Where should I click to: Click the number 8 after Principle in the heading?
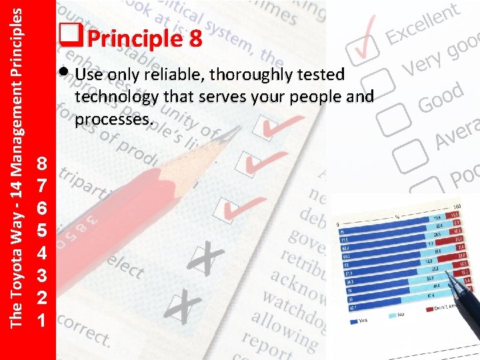click(x=194, y=39)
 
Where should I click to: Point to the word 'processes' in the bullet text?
click(x=113, y=120)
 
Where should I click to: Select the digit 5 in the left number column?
click(x=41, y=231)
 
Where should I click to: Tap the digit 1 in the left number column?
click(x=41, y=321)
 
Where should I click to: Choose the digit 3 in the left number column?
click(x=41, y=276)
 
